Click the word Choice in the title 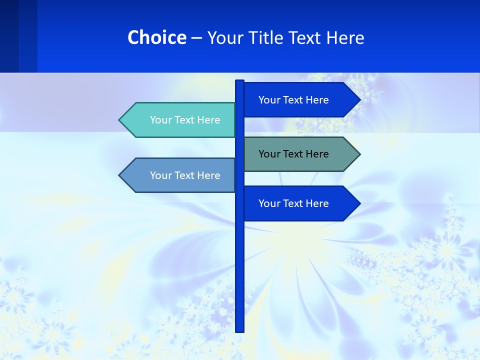point(157,38)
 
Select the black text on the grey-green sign point(293,154)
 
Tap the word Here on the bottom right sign point(317,203)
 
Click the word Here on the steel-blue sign point(209,175)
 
